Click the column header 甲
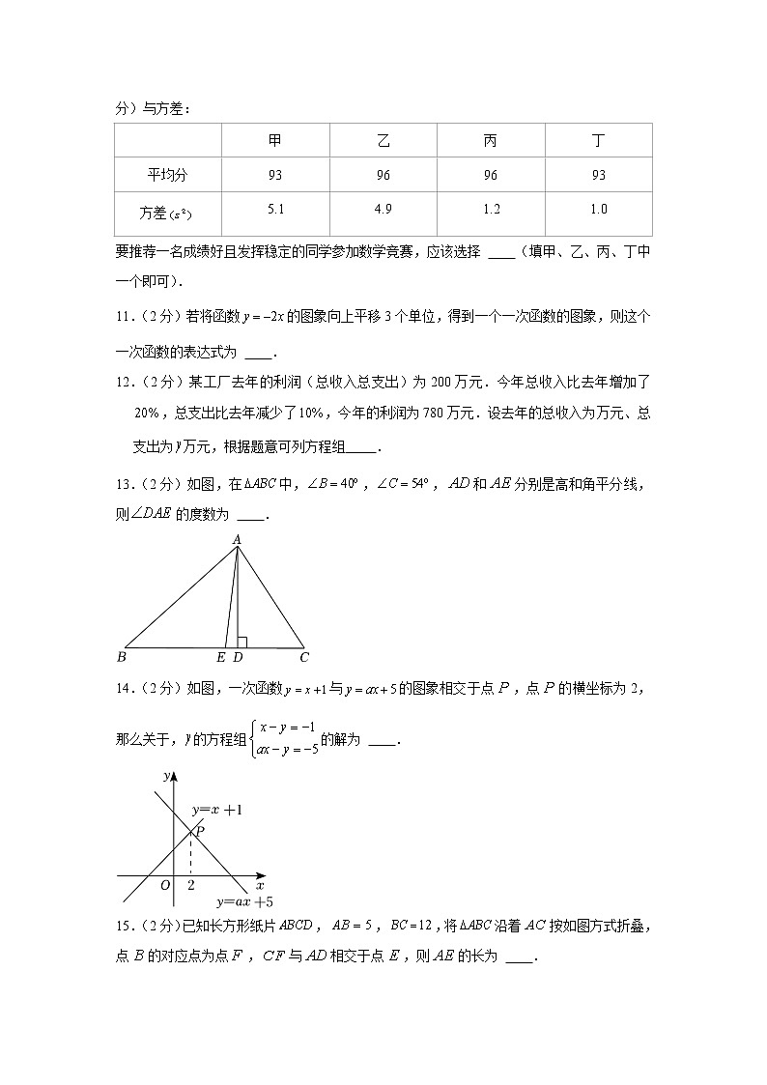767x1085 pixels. (275, 141)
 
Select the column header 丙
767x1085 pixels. (491, 141)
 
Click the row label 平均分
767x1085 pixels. (167, 175)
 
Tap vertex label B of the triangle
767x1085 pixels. (121, 658)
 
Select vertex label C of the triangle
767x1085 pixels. (303, 658)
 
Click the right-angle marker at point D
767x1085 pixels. (241, 642)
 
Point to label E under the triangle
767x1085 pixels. (221, 658)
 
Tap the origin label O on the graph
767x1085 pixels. (165, 885)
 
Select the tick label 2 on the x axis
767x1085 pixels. (190, 885)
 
